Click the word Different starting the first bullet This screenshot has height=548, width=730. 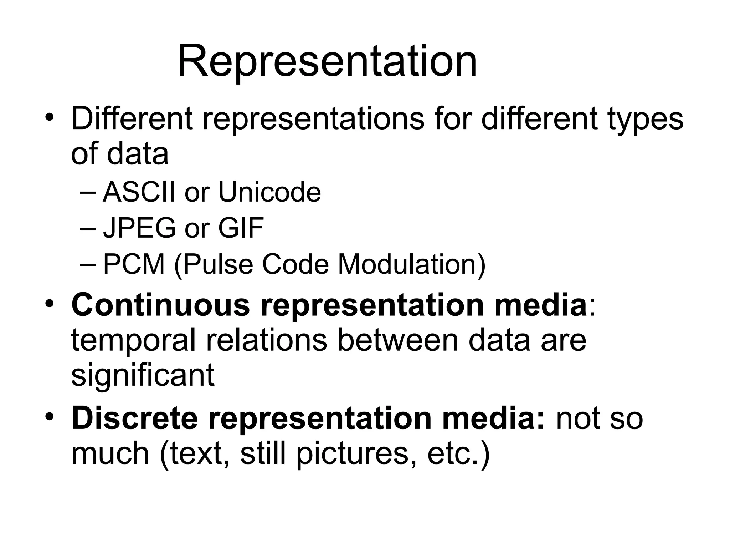132,118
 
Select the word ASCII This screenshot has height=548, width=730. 139,192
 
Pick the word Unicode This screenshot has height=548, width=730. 269,192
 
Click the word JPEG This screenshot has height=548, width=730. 139,228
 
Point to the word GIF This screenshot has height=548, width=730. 241,228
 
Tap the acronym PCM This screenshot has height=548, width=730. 134,264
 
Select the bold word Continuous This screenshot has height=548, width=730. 160,304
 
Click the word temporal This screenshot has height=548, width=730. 134,340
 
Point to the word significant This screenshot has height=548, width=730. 143,376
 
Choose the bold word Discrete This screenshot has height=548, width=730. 134,418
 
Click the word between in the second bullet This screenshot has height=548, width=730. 398,340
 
